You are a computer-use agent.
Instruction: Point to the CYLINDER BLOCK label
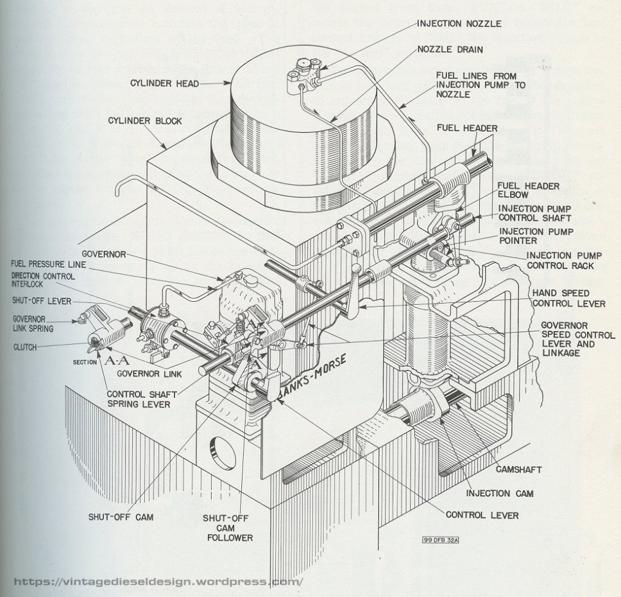[x=145, y=120]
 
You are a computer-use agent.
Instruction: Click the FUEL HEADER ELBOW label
[x=520, y=191]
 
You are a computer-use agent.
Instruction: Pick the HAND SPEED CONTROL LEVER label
[x=569, y=298]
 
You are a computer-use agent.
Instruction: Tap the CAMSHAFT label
[x=519, y=469]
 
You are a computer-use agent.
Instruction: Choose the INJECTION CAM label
[x=500, y=493]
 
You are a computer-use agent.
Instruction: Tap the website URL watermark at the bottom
[x=158, y=581]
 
